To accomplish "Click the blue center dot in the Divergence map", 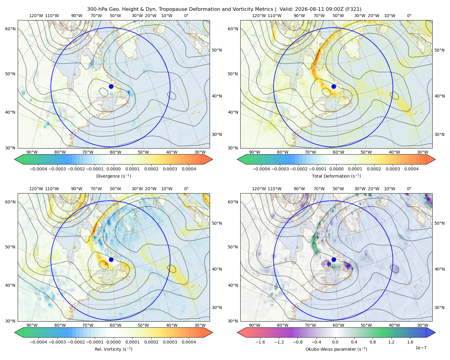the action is [111, 86].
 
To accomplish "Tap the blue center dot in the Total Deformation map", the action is [334, 86].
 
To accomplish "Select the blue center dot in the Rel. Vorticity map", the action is [111, 259].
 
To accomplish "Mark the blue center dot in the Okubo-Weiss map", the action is [334, 259].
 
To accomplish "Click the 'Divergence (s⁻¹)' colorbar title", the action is [113, 176].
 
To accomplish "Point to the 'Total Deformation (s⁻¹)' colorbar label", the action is [336, 176].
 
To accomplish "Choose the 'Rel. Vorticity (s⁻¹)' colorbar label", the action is [113, 349].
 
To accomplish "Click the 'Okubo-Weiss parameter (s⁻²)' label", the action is [336, 349].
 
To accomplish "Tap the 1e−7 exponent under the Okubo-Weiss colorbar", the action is [421, 348].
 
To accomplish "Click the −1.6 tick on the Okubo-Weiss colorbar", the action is [260, 342].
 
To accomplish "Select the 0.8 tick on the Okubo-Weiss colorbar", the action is [373, 342].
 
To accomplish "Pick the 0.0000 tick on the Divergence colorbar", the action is [113, 169].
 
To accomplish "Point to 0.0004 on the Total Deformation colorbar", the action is [412, 169].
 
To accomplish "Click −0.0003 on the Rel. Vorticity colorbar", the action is [57, 342].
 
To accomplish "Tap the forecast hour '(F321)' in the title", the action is [353, 9].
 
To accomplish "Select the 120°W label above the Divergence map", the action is [36, 16].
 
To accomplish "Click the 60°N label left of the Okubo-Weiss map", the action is [233, 202].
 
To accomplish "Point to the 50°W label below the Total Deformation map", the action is [366, 152].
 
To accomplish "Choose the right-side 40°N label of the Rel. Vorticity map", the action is [217, 269].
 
